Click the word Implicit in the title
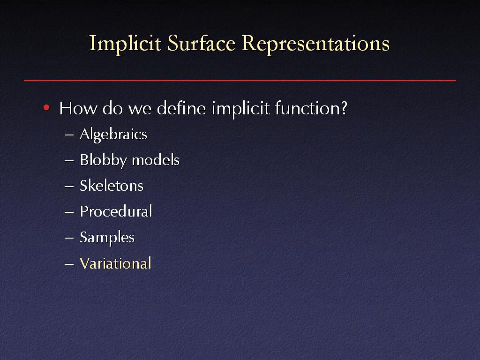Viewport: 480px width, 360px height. point(125,44)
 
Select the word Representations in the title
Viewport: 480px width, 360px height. point(315,44)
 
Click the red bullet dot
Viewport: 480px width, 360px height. point(46,107)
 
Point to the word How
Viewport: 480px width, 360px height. point(78,108)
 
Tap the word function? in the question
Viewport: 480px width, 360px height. point(311,108)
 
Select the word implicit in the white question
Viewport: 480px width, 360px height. point(240,109)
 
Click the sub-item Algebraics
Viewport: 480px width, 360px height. point(113,135)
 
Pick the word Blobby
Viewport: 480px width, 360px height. point(103,160)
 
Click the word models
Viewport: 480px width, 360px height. point(156,160)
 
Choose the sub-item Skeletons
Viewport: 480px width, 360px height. point(112,186)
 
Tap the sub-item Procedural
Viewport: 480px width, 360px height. point(116,211)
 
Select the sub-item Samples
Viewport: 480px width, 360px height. point(107,238)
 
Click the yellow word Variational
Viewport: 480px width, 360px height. point(115,263)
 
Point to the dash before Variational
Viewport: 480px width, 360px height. point(69,264)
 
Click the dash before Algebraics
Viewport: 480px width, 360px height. point(69,135)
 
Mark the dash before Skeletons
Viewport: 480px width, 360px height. point(69,186)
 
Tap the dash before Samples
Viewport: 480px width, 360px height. point(69,238)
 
